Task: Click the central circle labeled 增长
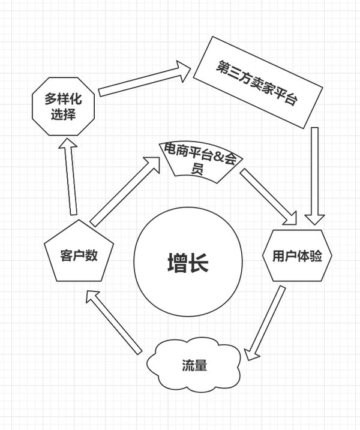pos(188,263)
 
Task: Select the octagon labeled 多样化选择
pos(63,106)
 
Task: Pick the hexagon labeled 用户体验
pos(297,256)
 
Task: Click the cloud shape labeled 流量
pos(194,365)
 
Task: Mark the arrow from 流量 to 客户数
pos(114,321)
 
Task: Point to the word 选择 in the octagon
pos(63,114)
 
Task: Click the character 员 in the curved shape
pos(196,169)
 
